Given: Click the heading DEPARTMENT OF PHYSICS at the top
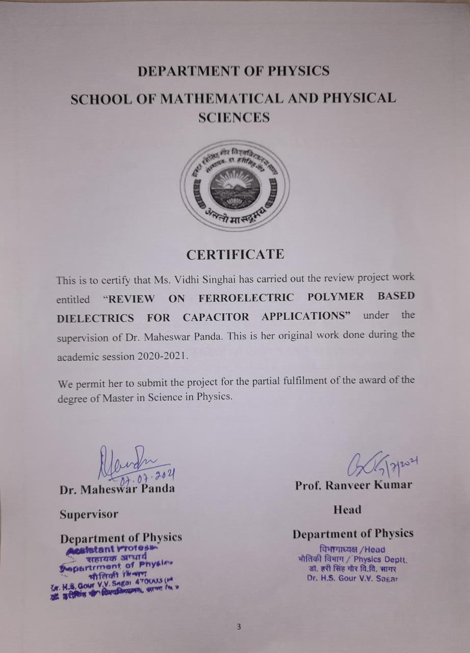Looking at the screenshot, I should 233,71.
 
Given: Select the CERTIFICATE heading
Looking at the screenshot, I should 235,254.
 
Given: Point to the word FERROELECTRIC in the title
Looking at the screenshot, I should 246,297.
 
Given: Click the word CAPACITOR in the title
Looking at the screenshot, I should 216,317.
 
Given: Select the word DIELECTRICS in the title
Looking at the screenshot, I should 95,318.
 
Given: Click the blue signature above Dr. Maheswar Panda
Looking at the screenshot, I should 127,461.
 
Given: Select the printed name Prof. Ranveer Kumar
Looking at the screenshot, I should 353,485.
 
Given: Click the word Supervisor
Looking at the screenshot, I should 89,514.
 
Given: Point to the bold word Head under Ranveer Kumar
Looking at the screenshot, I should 347,510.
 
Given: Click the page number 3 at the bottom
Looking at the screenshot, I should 238,627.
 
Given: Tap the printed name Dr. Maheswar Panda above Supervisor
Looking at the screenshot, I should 117,489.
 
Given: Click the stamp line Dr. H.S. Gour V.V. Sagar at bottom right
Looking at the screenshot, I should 352,578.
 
